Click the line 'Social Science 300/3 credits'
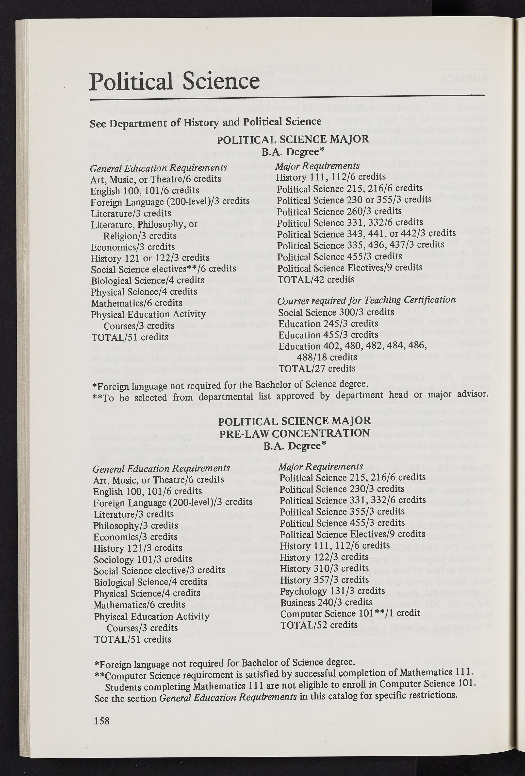(336, 312)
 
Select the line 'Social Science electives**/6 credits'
(164, 269)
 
